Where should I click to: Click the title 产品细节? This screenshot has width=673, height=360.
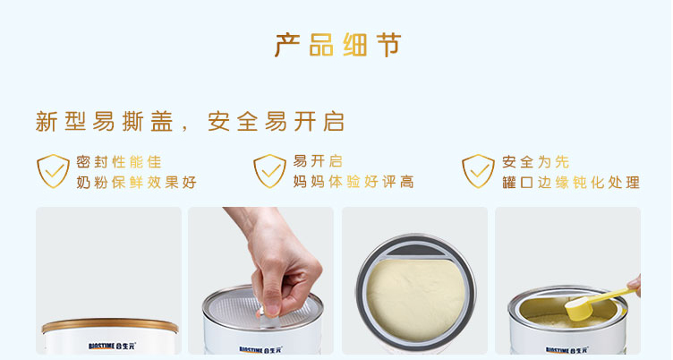tap(338, 45)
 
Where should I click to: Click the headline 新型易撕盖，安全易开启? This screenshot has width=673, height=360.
tap(190, 122)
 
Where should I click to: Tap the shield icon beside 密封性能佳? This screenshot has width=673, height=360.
tap(53, 171)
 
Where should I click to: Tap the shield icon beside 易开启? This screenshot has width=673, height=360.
tap(269, 171)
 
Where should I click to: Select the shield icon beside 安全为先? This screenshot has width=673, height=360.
tap(478, 171)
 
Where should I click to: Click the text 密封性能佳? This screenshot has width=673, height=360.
tap(119, 162)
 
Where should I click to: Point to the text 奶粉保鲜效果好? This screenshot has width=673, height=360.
tap(137, 182)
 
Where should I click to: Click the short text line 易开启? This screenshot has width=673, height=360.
tap(318, 161)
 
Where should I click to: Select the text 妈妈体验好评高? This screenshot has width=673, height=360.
tap(354, 182)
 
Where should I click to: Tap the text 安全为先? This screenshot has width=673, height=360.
tap(536, 162)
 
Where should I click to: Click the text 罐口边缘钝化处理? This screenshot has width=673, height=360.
tap(571, 182)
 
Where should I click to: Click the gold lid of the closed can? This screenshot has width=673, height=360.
tap(110, 325)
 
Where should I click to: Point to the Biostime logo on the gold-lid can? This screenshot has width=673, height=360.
tap(112, 346)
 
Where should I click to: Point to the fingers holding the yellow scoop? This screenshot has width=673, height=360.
tap(635, 285)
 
